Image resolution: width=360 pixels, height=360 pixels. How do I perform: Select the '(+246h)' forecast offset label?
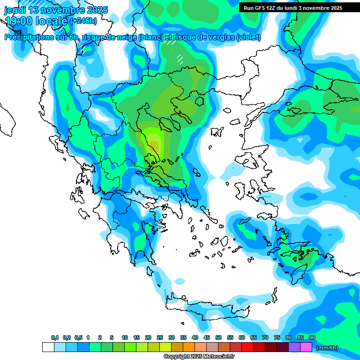coord(83,21)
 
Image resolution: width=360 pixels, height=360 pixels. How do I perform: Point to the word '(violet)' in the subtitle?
coord(248,37)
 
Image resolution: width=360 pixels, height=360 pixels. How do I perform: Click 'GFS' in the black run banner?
coord(262,8)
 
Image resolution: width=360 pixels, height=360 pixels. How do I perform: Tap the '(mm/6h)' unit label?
coord(327,348)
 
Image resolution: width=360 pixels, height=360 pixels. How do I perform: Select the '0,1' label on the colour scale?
coord(55,338)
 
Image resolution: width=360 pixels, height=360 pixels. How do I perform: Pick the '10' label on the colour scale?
coord(125,338)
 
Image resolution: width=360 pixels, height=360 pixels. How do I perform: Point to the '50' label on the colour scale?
coord(218,338)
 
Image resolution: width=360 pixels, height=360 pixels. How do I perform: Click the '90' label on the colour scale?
coord(312,338)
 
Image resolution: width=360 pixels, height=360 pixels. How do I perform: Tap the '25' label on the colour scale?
coord(160,338)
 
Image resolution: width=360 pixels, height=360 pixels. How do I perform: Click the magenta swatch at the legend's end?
coord(306,347)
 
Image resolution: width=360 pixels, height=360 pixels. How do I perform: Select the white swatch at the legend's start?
coord(48,347)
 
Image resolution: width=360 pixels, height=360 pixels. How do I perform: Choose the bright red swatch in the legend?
coord(247,347)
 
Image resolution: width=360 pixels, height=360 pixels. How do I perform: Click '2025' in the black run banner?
coord(336,8)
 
